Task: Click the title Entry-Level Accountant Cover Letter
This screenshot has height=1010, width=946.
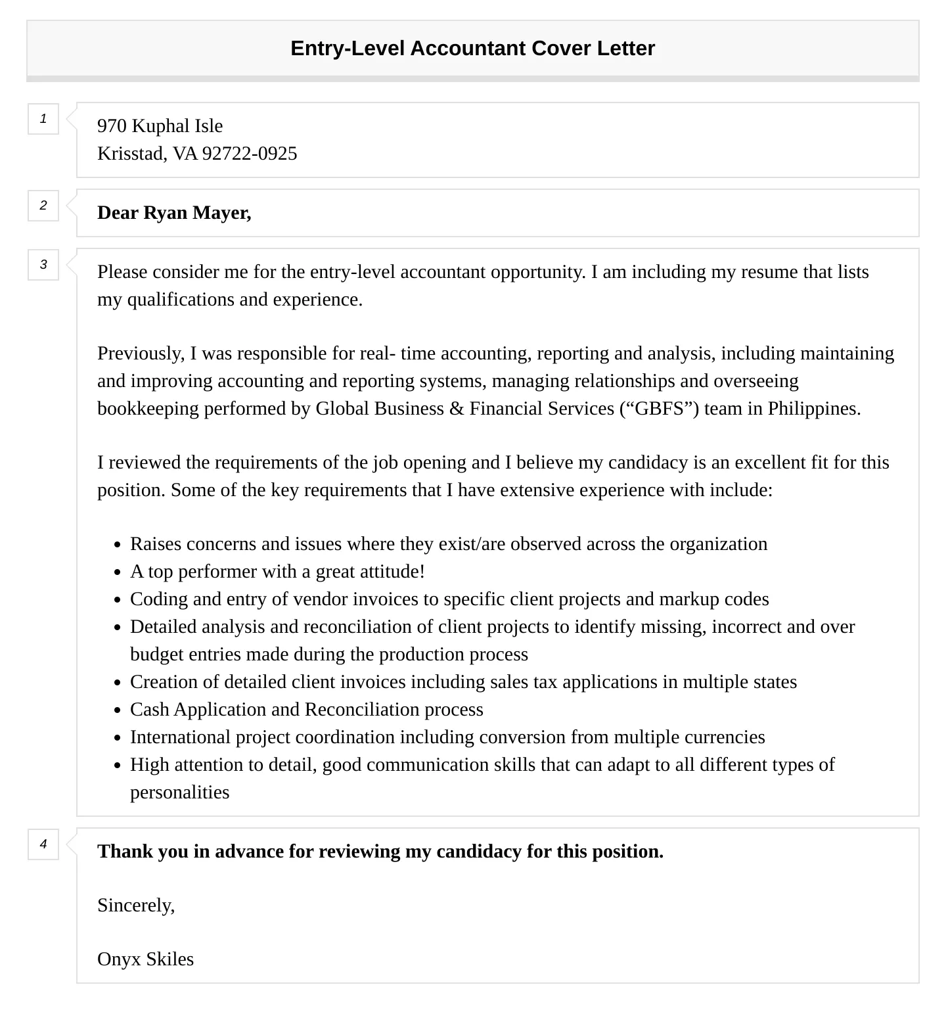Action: [x=472, y=49]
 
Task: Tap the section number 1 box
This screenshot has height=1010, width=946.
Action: [x=43, y=119]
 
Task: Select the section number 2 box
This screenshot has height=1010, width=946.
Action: [x=43, y=206]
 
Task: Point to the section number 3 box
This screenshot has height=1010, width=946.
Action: [x=43, y=265]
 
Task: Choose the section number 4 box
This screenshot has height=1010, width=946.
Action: [x=43, y=844]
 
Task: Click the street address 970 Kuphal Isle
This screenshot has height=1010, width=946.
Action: [x=160, y=126]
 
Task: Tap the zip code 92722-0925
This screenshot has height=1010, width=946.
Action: [x=249, y=154]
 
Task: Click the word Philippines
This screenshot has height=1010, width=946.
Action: [x=813, y=409]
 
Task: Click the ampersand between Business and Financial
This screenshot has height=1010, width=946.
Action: [x=457, y=409]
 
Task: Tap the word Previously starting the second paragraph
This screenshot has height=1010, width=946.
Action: [x=141, y=354]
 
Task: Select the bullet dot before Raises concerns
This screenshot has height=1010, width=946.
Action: [x=118, y=545]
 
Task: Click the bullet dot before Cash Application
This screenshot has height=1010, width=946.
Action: [x=118, y=710]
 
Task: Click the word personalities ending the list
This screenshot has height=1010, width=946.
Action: [x=179, y=792]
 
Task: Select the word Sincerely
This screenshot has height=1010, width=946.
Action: [x=135, y=906]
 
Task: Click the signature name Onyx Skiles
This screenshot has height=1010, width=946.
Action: [x=145, y=959]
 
